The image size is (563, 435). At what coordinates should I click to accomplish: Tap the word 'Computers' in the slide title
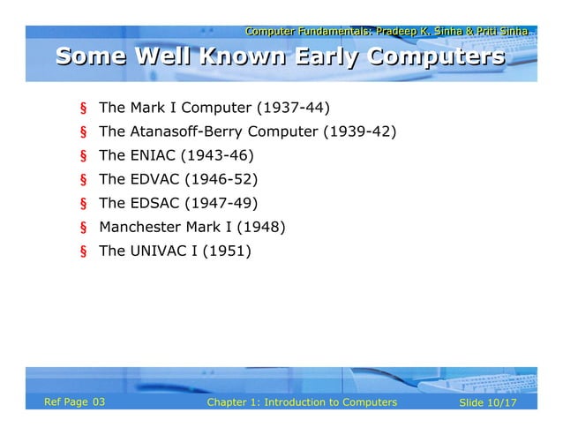point(436,58)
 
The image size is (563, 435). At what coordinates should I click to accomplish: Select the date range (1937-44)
point(292,109)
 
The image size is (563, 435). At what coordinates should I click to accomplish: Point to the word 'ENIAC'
point(153,156)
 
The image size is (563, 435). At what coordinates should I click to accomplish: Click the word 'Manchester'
point(141,227)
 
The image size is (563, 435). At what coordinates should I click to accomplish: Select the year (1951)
point(227,251)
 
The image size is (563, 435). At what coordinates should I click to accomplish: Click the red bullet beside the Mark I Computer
point(83,109)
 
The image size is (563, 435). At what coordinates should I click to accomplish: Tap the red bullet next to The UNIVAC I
point(83,251)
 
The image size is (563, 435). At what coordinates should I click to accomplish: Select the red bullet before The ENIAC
point(83,157)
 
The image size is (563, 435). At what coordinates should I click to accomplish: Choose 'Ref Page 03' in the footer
point(75,403)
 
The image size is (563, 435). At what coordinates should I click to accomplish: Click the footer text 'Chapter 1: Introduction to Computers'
point(301,403)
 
